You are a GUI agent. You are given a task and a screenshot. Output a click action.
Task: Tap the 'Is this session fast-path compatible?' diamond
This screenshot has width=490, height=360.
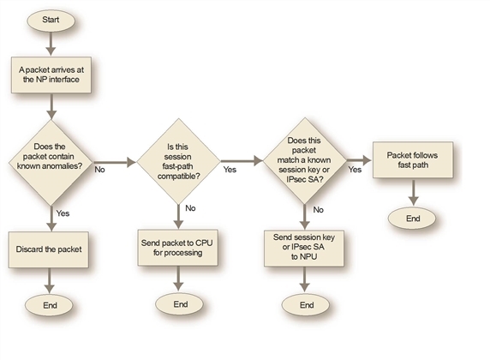pos(180,159)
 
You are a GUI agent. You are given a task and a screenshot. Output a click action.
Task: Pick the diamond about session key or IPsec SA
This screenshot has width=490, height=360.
pos(307,159)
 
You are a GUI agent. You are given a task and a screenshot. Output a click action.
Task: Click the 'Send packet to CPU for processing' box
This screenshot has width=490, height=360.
pos(180,249)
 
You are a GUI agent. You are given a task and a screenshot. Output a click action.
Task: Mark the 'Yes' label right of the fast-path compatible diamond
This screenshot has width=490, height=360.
pos(229,170)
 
